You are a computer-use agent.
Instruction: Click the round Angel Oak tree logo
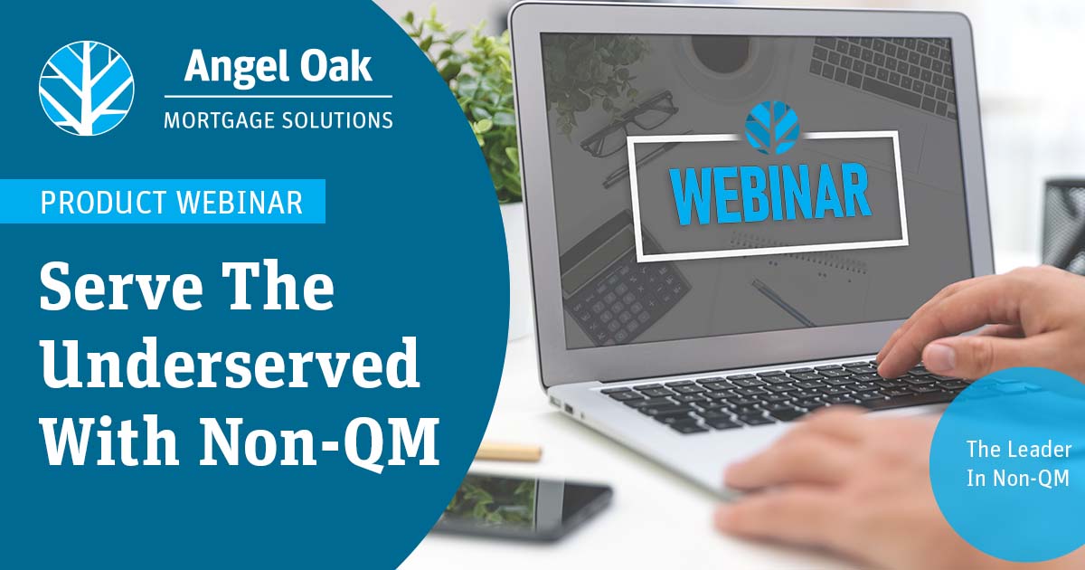[x=87, y=89]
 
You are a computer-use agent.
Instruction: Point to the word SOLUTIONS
[x=337, y=120]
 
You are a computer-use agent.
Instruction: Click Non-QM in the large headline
[x=320, y=439]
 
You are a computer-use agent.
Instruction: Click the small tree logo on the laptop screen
[x=772, y=128]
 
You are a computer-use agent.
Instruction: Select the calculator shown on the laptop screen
[x=625, y=281]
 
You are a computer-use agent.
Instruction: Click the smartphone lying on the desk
[x=524, y=504]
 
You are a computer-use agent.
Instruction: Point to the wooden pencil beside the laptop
[x=507, y=451]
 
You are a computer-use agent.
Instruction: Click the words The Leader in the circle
[x=1019, y=450]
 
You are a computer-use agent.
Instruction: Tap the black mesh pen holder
[x=1065, y=222]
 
